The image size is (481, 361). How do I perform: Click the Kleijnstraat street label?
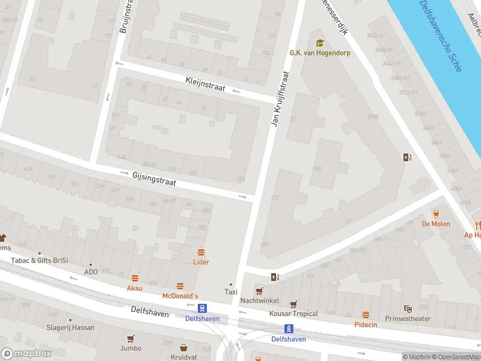pos(205,84)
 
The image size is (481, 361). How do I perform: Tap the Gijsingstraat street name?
pos(154,178)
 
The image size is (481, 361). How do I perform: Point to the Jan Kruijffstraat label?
pos(281,99)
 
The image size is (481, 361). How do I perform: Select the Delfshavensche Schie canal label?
pos(441,36)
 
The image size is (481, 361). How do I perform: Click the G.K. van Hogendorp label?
pos(320,53)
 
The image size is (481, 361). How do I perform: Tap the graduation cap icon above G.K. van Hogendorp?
pos(320,43)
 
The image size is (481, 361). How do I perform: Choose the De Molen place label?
pos(436,224)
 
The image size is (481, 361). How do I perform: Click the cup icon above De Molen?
pos(436,214)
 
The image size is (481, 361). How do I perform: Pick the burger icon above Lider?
pos(201,252)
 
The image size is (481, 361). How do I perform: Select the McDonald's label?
pos(180,296)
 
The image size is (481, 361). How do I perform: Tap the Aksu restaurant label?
pos(135,288)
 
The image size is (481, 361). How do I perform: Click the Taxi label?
pos(231,292)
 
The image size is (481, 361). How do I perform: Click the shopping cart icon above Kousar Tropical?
pos(293,304)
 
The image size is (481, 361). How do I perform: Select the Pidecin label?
pos(366,324)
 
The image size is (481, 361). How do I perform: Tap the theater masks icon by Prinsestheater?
pos(408,309)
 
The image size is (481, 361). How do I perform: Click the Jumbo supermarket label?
pos(130,348)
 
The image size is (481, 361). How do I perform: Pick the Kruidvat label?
pos(184,357)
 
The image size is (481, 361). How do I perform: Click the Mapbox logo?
pos(26,354)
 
